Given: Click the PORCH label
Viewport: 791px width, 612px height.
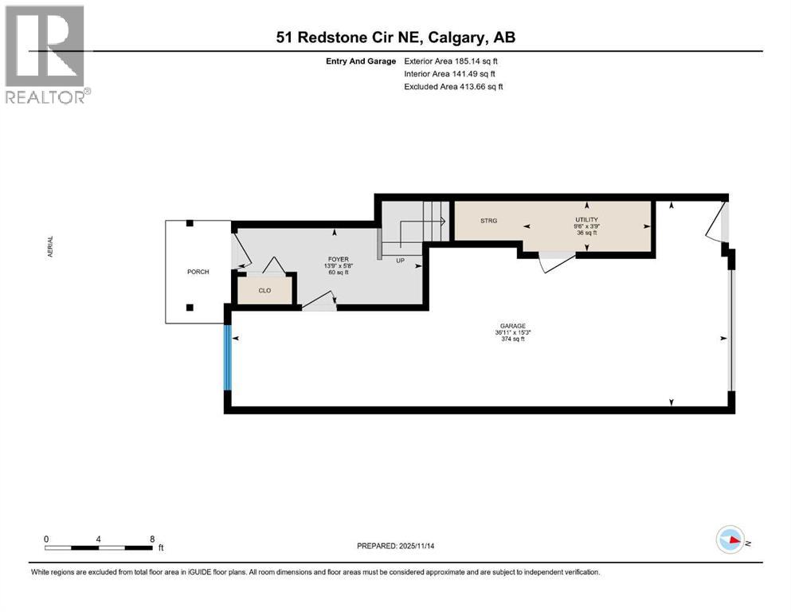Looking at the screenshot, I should click(x=198, y=272).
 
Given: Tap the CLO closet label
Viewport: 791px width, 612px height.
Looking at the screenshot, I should click(x=264, y=291).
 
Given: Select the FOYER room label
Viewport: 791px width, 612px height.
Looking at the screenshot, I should click(x=334, y=258).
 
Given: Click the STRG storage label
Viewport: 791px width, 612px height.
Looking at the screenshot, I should click(x=488, y=221).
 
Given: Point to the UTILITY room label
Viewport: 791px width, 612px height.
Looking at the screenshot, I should click(x=586, y=219).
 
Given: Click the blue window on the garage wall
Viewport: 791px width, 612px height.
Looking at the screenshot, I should click(x=228, y=360).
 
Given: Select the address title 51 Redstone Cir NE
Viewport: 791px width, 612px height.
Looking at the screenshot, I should click(x=395, y=37).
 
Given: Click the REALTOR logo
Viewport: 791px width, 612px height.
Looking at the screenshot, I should click(x=46, y=54).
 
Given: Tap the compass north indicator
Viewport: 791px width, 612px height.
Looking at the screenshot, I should click(x=730, y=539).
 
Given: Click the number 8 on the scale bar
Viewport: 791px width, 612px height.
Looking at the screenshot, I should click(x=152, y=539).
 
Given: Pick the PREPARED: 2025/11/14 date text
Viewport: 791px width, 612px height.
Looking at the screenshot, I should click(x=396, y=546).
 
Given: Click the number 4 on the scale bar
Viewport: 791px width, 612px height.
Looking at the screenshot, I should click(x=99, y=539).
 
